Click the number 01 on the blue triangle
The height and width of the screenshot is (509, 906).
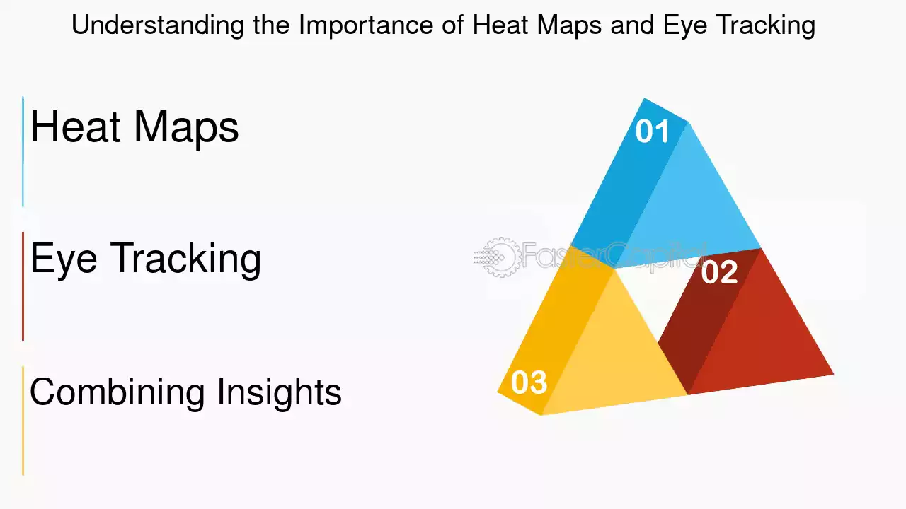(x=652, y=131)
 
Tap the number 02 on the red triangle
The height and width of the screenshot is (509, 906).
(x=720, y=272)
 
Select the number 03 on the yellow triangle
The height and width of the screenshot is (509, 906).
(x=529, y=382)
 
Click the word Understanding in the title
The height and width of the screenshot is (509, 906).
(x=158, y=25)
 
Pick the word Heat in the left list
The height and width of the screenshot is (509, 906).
(x=76, y=126)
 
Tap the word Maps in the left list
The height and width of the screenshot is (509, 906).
(x=186, y=129)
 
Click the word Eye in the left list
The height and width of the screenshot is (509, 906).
(x=64, y=259)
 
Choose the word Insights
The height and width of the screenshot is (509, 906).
(x=280, y=392)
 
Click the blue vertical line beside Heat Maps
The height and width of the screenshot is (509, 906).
(x=23, y=151)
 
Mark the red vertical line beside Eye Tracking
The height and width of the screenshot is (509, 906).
(x=23, y=286)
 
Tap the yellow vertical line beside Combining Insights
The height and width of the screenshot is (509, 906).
(x=23, y=421)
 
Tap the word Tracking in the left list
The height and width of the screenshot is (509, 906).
(x=185, y=259)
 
